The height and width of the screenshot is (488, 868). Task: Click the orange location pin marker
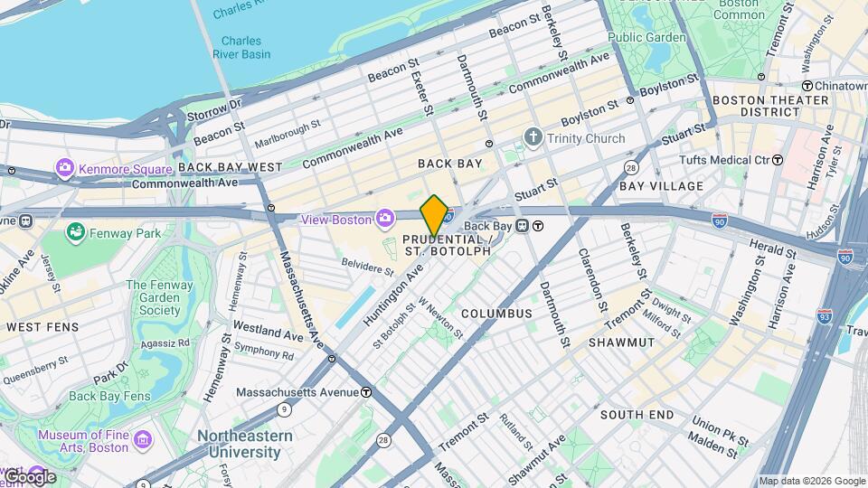[435, 215]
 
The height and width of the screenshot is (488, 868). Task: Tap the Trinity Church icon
[533, 138]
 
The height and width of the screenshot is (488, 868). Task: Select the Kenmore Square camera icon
[64, 168]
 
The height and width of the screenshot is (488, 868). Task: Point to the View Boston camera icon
[385, 219]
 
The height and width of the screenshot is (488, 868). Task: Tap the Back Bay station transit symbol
[538, 226]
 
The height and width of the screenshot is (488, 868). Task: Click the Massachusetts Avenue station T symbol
[366, 392]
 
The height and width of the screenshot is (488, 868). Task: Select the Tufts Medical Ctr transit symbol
[777, 160]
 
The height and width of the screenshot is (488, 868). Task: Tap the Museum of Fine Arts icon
[142, 440]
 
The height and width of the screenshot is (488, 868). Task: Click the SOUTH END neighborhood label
[637, 415]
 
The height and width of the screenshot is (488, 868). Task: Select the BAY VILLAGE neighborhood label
[661, 186]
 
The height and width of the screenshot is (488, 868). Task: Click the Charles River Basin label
[241, 47]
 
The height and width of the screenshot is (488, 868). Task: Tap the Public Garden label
[646, 37]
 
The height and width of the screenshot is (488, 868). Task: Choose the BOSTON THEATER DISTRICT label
[757, 106]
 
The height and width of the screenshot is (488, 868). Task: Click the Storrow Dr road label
[215, 110]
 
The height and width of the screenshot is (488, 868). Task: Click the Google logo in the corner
[29, 476]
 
